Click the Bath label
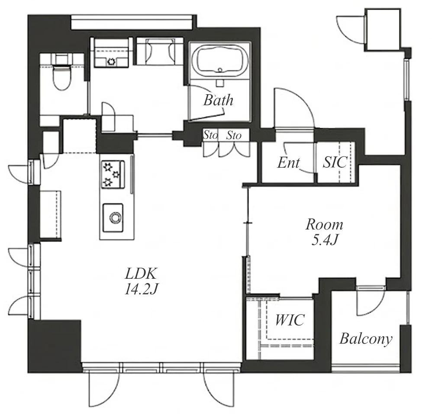pos(218,100)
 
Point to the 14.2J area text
pos(141,289)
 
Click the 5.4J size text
pos(324,240)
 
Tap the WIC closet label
pos(290,320)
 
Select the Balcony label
pos(366,339)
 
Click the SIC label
pos(335,162)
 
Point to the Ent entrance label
pos(288,162)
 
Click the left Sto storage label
pos(210,135)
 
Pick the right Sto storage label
pos(234,135)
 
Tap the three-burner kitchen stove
pos(113,175)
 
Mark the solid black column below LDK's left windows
pos(54,346)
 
